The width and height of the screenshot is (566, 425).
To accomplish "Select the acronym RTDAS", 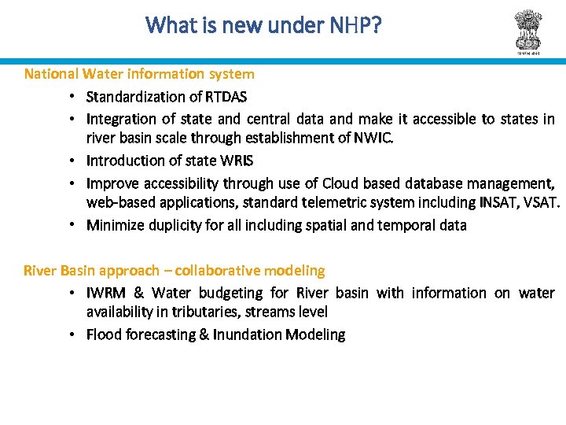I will [226, 97].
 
